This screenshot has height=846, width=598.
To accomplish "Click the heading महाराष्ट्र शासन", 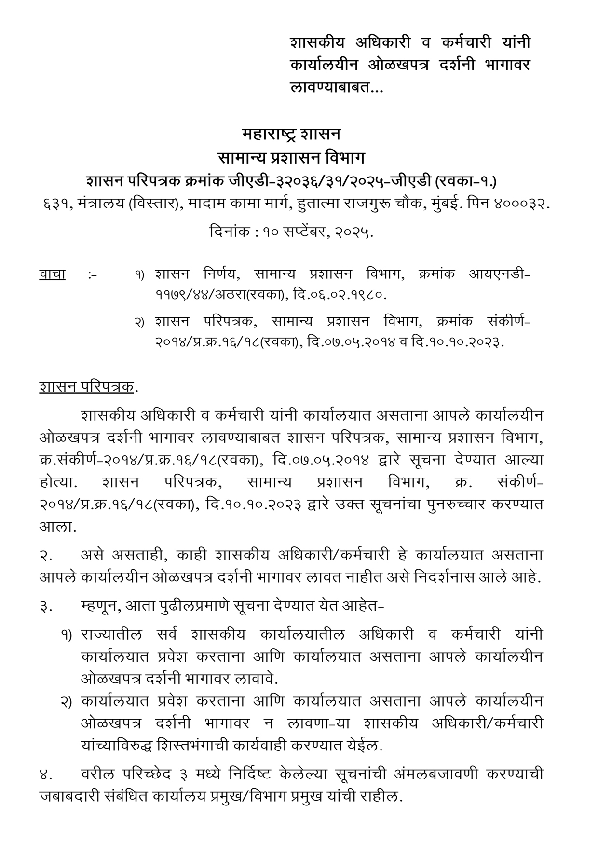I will tap(291, 134).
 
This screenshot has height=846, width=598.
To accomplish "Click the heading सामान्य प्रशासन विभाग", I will tap(291, 158).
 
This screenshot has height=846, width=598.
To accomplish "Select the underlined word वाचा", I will tap(52, 274).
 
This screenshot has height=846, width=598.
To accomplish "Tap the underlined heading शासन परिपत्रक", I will tap(87, 387).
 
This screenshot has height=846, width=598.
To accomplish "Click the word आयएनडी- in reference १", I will tap(500, 274).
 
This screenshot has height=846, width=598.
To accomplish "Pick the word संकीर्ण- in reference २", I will tap(509, 321).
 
